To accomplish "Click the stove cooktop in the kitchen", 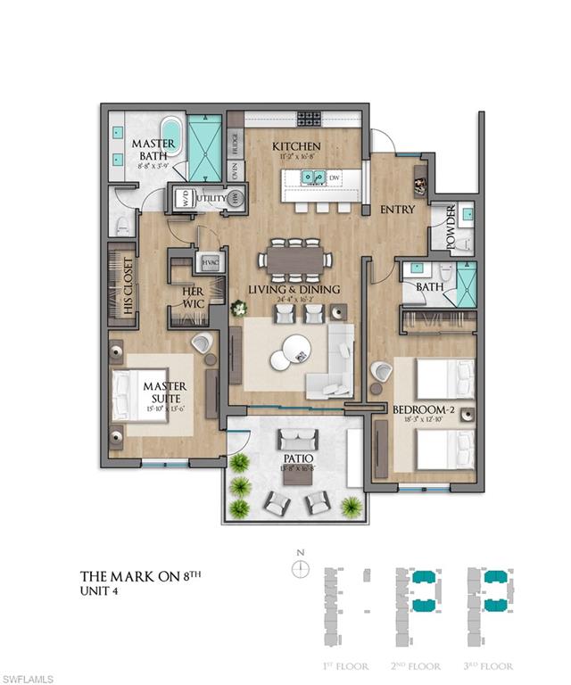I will (x=309, y=117).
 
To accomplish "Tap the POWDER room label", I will (x=451, y=228).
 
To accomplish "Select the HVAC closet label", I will (x=211, y=263).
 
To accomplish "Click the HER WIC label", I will (x=193, y=296).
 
